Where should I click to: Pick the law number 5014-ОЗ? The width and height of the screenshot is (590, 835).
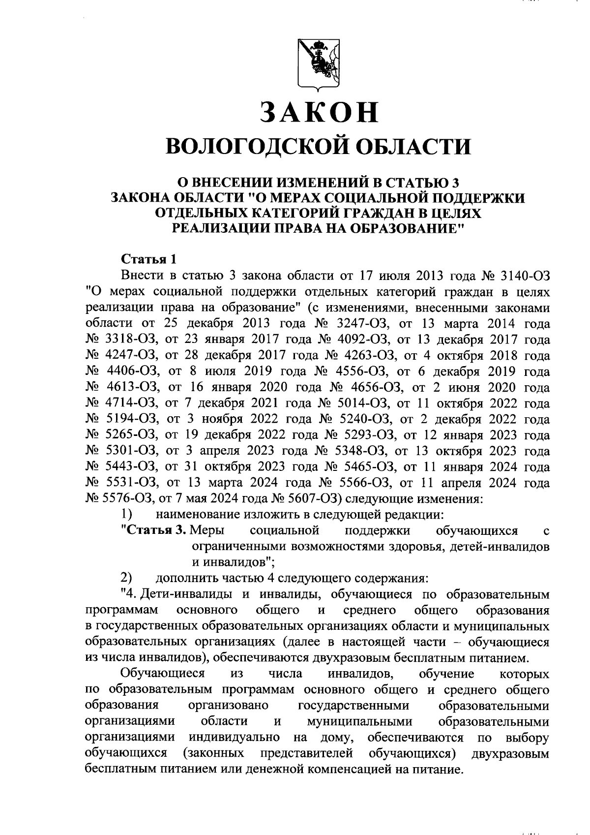(355, 403)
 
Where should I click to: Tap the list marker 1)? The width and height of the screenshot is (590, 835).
(127, 515)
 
